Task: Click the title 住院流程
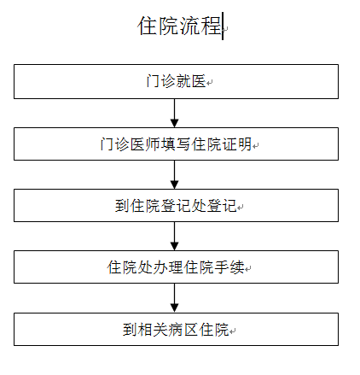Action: click(x=180, y=26)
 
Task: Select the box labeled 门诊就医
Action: click(x=176, y=82)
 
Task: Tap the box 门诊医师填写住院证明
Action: click(x=176, y=144)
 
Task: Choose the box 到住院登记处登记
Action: click(x=176, y=206)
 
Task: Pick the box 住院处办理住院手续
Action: click(x=176, y=267)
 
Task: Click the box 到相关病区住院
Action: click(x=176, y=330)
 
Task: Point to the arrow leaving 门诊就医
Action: click(x=174, y=114)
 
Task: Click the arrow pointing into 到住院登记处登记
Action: click(x=174, y=175)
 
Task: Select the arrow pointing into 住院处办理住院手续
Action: click(x=174, y=237)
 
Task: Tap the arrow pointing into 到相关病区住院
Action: click(x=174, y=298)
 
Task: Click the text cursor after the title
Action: click(x=223, y=26)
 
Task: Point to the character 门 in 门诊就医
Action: click(x=154, y=81)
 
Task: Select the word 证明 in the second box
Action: click(x=237, y=144)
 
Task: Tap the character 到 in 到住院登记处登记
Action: click(x=122, y=206)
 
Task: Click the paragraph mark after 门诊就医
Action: click(x=210, y=83)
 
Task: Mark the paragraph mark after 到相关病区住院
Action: click(x=232, y=331)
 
